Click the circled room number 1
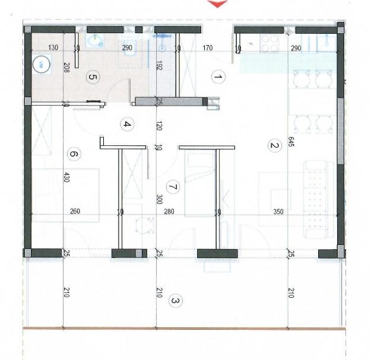coord(218,77)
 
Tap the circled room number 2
coord(275,145)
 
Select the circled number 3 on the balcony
coord(175,301)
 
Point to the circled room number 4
coord(127,124)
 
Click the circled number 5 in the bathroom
coord(93,77)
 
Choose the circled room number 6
coord(74,154)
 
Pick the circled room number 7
coord(173,187)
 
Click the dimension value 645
coord(291,142)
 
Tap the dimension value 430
coord(66,177)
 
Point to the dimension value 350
coord(278,212)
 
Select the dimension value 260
coord(75,211)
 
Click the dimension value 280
coord(169,211)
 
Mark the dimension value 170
coord(208,48)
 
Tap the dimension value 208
coord(66,68)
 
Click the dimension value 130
coord(53,47)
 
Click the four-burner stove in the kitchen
coord(269,43)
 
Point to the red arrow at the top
coord(218,4)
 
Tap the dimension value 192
coord(159,65)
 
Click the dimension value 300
coord(160,199)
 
